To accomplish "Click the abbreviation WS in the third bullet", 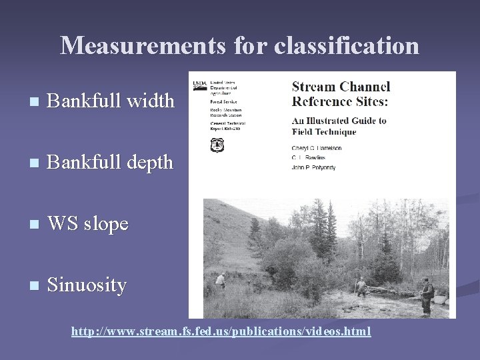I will pos(62,223).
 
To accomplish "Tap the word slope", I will pos(105,225).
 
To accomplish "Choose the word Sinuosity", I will pos(87,285).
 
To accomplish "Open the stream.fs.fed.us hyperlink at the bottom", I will pos(221,331).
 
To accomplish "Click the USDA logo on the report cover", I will pos(199,85).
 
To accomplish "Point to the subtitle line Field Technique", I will pos(324,131).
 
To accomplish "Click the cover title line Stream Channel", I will pos(341,87).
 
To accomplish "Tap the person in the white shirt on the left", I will pos(220,279).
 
